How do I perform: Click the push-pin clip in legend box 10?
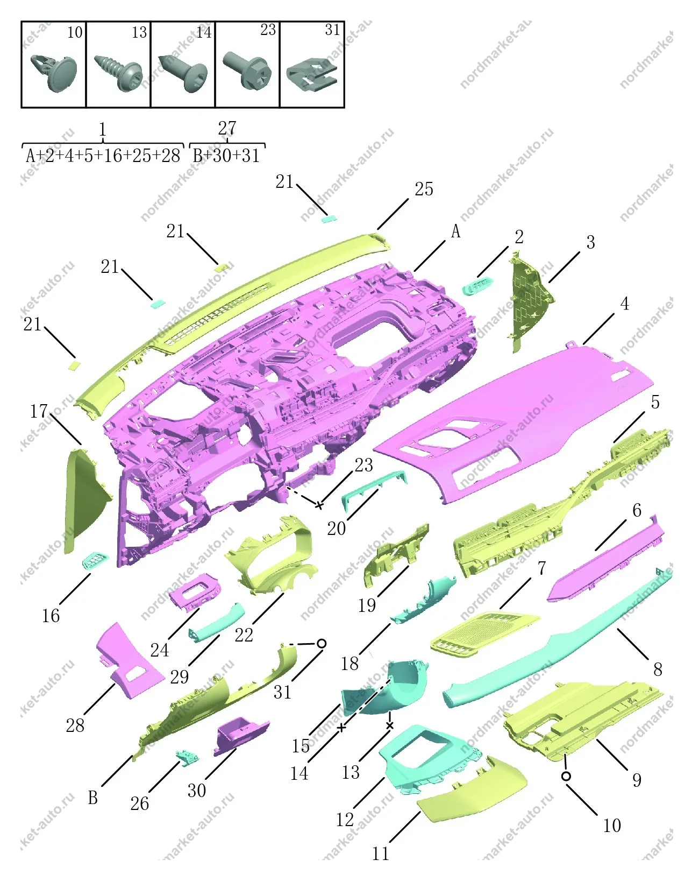pyautogui.click(x=54, y=73)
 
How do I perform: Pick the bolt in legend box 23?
pyautogui.click(x=247, y=72)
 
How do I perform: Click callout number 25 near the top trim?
pyautogui.click(x=424, y=189)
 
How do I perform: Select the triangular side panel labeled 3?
pyautogui.click(x=532, y=302)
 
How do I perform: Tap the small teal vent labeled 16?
pyautogui.click(x=96, y=561)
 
